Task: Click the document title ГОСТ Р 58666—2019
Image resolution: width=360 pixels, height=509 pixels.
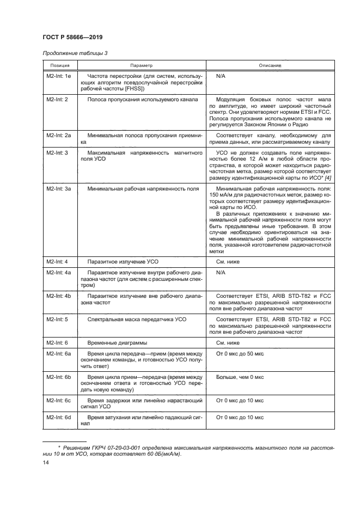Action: coord(72,37)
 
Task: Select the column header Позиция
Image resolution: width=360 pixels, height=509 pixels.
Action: coord(57,65)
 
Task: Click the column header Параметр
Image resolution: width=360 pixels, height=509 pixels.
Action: coord(141,65)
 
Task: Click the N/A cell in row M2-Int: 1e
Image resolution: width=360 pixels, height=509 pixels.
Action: coord(221,76)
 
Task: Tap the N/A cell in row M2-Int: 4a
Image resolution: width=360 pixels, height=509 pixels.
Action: coord(221,272)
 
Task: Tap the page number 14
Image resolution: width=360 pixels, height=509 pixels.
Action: coord(46,462)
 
